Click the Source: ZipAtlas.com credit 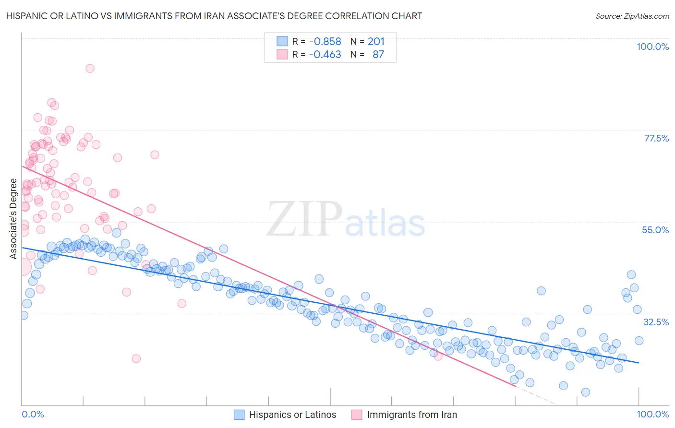(x=632, y=16)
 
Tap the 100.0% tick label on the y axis (x=652, y=47)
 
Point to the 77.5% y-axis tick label (x=656, y=138)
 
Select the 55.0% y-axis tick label (x=655, y=230)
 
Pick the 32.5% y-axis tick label (x=656, y=322)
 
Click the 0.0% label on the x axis (x=33, y=414)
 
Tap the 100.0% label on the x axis (x=652, y=414)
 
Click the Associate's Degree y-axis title (x=13, y=219)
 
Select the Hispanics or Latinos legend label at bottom (x=292, y=415)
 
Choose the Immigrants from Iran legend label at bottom (x=412, y=415)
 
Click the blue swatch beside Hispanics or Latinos (x=239, y=415)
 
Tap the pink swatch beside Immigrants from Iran (x=357, y=415)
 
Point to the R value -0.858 (x=325, y=41)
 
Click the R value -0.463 (x=325, y=54)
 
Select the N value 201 (x=376, y=41)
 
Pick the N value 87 (x=378, y=54)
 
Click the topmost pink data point (x=90, y=68)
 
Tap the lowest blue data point (x=585, y=392)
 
